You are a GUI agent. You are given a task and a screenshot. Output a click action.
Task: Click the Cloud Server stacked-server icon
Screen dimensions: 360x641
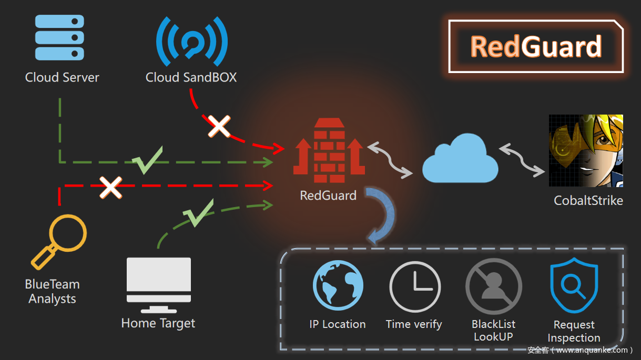click(59, 37)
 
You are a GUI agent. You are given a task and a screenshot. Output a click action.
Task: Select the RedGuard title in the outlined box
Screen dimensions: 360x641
click(536, 47)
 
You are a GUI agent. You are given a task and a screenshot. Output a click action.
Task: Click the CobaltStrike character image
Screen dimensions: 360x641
click(586, 151)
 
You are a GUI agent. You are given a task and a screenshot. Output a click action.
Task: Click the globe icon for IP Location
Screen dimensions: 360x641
click(338, 286)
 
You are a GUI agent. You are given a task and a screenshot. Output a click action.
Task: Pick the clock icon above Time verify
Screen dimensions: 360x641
click(414, 287)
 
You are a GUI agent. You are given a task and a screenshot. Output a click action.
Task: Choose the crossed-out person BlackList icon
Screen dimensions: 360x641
click(493, 287)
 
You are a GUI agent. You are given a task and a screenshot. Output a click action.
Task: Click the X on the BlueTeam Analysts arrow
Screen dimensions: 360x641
click(111, 187)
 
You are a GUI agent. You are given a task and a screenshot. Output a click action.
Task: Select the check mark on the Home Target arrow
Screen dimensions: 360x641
click(198, 213)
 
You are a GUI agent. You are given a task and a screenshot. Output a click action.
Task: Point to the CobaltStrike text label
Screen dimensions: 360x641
click(588, 200)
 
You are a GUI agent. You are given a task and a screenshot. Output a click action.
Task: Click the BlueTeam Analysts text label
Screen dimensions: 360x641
click(53, 292)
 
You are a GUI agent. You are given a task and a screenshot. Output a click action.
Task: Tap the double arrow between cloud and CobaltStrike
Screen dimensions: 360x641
click(522, 159)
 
